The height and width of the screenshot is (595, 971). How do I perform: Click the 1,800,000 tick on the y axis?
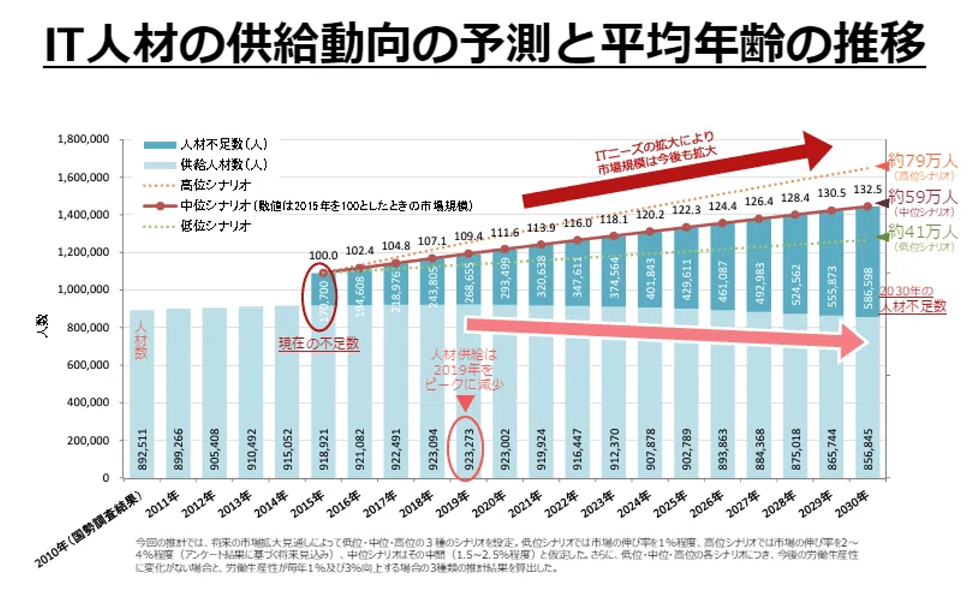click(x=84, y=140)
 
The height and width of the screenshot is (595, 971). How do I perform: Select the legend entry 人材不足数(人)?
click(x=223, y=144)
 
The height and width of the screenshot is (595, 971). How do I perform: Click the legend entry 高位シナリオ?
click(x=215, y=185)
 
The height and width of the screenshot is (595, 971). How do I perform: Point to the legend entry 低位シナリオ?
click(x=215, y=226)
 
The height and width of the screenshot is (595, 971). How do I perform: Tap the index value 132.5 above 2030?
click(x=868, y=190)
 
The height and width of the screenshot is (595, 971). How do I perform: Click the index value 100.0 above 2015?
click(x=323, y=256)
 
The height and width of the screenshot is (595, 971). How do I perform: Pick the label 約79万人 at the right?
click(x=922, y=161)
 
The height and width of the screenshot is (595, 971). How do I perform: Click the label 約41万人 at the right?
click(x=922, y=232)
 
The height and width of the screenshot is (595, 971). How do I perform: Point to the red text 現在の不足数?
click(x=319, y=343)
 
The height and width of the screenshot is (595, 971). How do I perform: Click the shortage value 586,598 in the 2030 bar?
click(x=869, y=287)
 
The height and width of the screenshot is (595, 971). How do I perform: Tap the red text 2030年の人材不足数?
click(x=912, y=299)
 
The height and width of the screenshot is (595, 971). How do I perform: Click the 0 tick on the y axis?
click(x=105, y=478)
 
